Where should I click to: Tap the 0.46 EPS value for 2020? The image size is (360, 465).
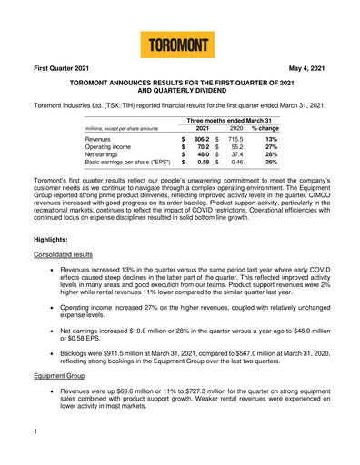click(x=263, y=174)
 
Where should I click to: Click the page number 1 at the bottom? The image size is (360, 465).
click(x=23, y=447)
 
